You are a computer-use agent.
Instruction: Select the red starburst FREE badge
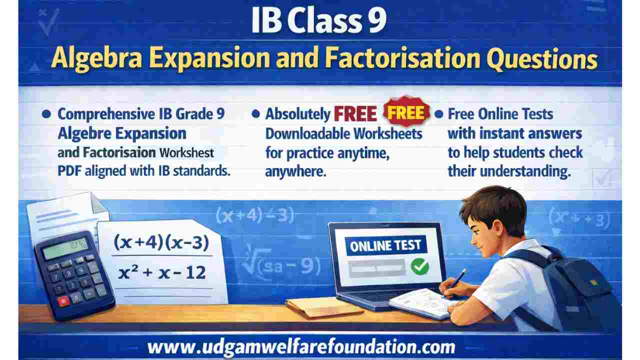406,112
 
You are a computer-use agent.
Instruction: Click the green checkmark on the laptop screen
419,267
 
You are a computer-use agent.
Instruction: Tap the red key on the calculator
62,301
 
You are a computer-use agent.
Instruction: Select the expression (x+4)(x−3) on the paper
160,243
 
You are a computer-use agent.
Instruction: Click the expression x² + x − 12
162,272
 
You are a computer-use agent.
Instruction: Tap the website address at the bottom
301,347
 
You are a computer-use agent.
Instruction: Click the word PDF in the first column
68,170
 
